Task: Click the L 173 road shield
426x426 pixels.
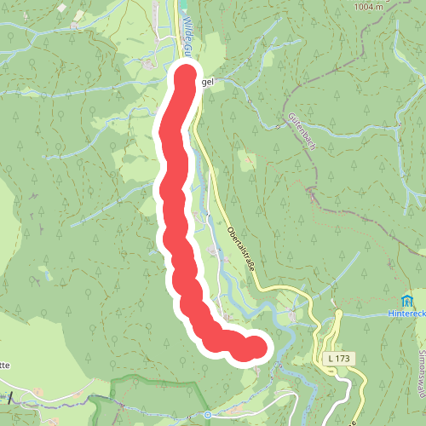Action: coord(337,359)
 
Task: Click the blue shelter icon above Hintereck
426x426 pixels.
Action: coord(408,300)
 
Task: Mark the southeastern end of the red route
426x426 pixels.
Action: coord(255,348)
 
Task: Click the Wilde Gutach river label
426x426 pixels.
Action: coord(187,34)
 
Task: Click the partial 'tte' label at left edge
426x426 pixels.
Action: coord(4,365)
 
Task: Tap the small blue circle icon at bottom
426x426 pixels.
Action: coord(207,415)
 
